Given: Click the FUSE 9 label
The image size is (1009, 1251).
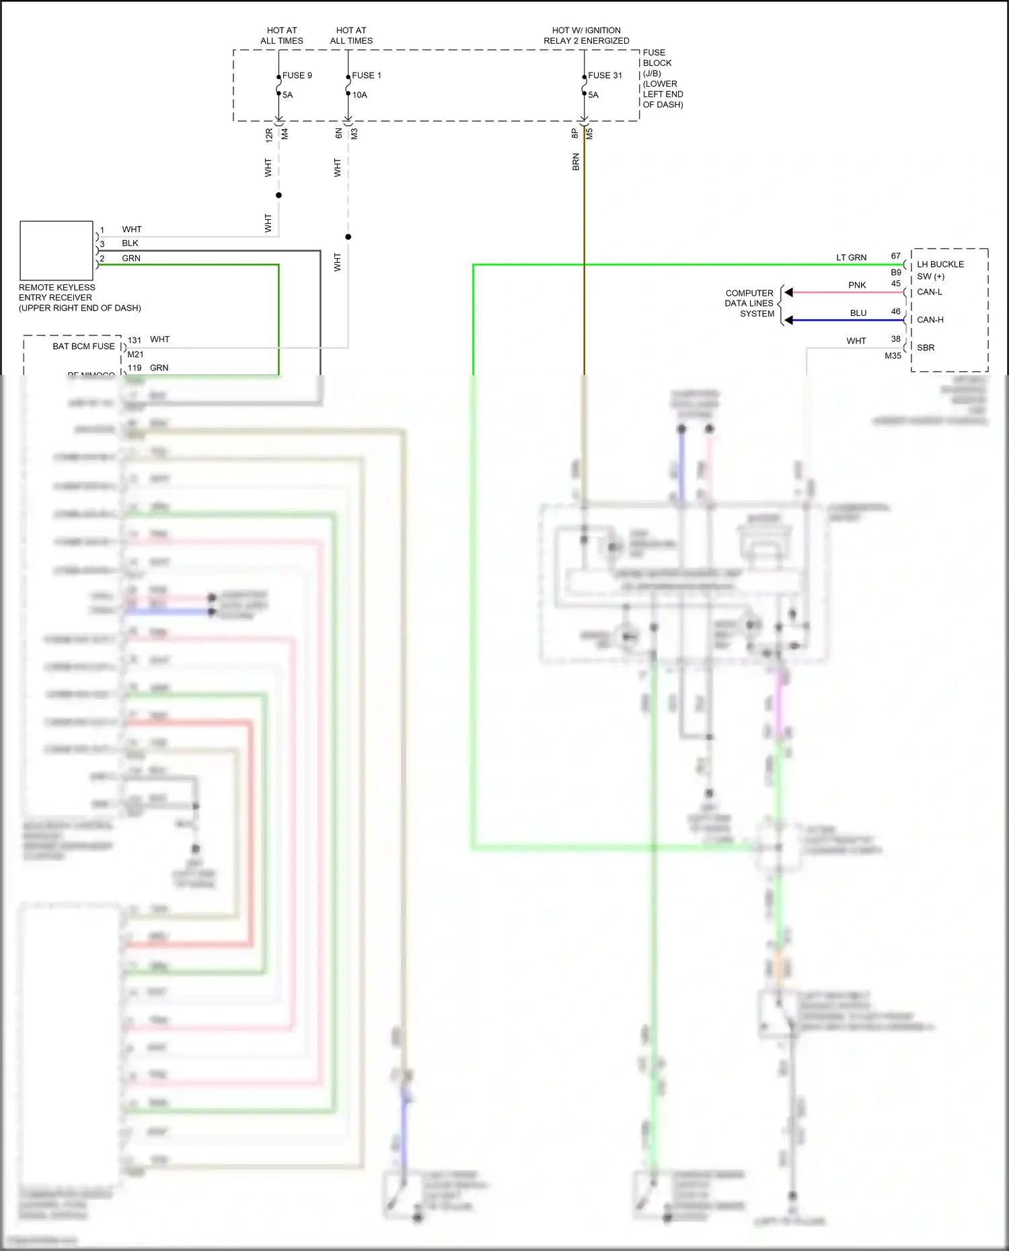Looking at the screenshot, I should click(x=297, y=75).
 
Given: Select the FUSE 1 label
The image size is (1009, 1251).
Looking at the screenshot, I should click(x=366, y=75).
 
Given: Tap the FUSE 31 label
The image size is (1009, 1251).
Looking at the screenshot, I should click(x=605, y=75).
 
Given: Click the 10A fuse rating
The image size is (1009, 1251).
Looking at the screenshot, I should click(x=360, y=95).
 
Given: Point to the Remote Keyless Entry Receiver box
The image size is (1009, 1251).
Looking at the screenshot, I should click(x=57, y=250).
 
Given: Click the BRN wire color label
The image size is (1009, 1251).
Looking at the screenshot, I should click(x=576, y=162).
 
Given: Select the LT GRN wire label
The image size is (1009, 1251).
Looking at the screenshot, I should click(x=851, y=257).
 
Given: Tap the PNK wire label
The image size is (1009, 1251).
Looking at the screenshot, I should click(x=857, y=285).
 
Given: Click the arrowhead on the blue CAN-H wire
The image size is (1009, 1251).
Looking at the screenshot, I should click(x=789, y=320).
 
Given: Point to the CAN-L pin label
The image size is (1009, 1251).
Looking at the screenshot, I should click(x=930, y=292).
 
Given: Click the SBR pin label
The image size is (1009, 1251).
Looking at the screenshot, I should click(x=926, y=348).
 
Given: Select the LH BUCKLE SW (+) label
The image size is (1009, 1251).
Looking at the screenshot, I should click(x=940, y=270).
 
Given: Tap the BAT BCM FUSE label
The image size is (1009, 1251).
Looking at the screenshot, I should click(x=83, y=346).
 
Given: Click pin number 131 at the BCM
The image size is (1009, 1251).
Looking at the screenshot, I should click(x=135, y=340).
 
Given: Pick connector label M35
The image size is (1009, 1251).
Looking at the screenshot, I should click(x=893, y=356).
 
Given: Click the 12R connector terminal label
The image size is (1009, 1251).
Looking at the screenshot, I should click(x=269, y=134).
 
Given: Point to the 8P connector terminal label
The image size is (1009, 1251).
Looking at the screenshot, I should click(x=575, y=133).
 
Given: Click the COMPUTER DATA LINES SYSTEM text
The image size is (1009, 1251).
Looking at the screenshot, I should click(x=749, y=303).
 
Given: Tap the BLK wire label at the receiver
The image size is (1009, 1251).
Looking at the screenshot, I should click(x=130, y=243).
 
